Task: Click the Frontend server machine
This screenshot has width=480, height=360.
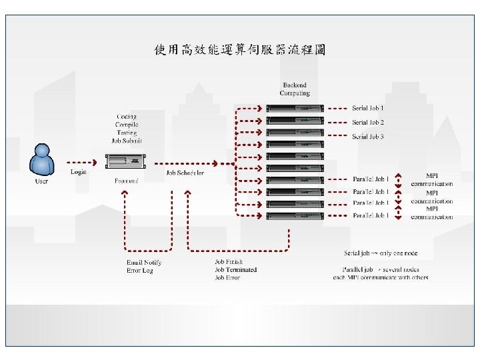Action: (x=126, y=162)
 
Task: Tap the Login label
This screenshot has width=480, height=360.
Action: (x=79, y=172)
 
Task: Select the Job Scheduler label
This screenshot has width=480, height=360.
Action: (x=185, y=173)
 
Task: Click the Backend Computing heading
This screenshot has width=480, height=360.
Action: (x=295, y=89)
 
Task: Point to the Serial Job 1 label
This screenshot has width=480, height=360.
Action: (x=368, y=107)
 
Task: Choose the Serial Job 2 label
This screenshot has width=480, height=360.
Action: (x=368, y=122)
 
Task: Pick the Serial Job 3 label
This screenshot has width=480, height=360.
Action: (x=368, y=137)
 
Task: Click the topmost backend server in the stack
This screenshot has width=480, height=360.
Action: (x=295, y=108)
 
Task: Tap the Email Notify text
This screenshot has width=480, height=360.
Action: (x=144, y=262)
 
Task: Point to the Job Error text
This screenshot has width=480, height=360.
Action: (x=227, y=277)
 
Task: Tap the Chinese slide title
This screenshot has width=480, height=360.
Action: (x=240, y=50)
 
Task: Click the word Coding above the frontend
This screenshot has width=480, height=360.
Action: (x=127, y=117)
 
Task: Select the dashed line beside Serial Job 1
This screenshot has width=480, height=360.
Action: (x=339, y=107)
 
